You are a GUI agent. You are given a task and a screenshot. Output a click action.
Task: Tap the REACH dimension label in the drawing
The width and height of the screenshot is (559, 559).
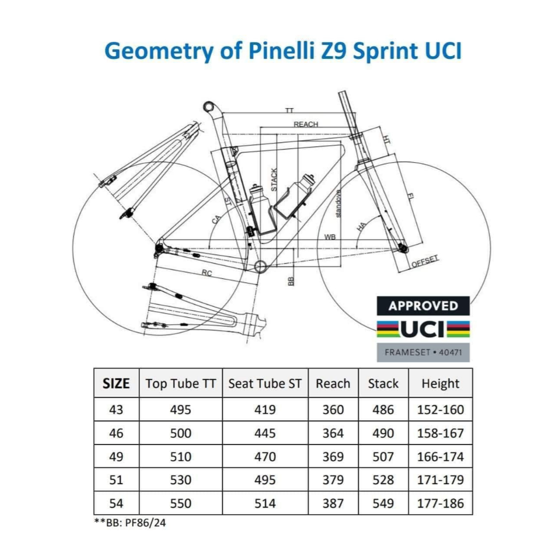[x=306, y=124]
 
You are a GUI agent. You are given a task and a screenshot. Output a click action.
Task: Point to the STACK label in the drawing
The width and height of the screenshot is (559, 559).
[x=274, y=180]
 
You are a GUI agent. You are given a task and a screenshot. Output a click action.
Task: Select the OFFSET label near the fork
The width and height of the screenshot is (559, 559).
[x=425, y=261]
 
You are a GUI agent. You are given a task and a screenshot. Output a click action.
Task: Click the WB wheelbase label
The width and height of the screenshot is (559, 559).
[x=330, y=237]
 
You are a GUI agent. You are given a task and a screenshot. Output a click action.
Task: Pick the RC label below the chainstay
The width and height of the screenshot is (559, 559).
[x=207, y=273]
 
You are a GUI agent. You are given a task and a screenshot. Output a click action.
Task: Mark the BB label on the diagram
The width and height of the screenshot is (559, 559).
[x=290, y=281]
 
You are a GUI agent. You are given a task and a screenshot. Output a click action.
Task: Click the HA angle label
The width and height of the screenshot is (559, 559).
[x=361, y=227]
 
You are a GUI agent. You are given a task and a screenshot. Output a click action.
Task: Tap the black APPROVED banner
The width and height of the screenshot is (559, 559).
[x=423, y=306]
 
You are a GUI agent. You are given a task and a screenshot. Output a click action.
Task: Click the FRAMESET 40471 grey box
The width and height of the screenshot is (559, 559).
[x=423, y=352]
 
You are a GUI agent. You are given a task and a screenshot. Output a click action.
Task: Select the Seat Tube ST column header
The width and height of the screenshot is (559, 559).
[x=265, y=384]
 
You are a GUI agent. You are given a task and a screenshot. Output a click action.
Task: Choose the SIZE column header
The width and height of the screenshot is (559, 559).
[x=116, y=384]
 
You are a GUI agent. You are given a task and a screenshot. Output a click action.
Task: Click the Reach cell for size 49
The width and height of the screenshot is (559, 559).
[x=333, y=457]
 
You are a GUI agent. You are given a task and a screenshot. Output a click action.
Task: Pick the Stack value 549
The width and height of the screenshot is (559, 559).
[x=383, y=503]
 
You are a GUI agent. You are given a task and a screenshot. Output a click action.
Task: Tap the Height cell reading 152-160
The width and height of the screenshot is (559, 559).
[x=441, y=409]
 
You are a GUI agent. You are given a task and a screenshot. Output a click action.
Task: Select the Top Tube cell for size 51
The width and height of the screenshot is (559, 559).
[x=181, y=480]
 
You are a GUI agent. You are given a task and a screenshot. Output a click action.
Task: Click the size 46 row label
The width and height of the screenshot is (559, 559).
[x=116, y=433]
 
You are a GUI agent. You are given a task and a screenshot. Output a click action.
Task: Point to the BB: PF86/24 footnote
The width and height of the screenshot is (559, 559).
[x=130, y=522]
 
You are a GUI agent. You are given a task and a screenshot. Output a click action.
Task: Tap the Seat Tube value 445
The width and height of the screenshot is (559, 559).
[x=265, y=433]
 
